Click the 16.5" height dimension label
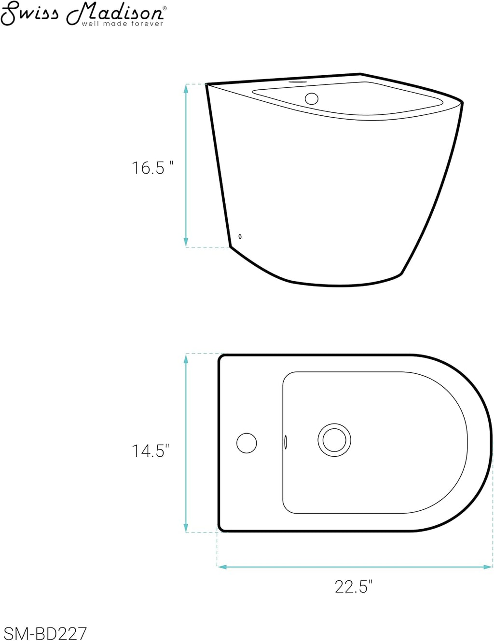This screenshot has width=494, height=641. pyautogui.click(x=152, y=168)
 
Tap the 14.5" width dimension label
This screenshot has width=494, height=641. pyautogui.click(x=151, y=451)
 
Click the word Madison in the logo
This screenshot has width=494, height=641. pyautogui.click(x=114, y=14)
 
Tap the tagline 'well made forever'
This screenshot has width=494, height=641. pyautogui.click(x=123, y=24)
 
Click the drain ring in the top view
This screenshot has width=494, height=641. pyautogui.click(x=334, y=440)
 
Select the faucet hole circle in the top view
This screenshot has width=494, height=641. pyautogui.click(x=247, y=443)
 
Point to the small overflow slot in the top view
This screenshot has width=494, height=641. pyautogui.click(x=286, y=442)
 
